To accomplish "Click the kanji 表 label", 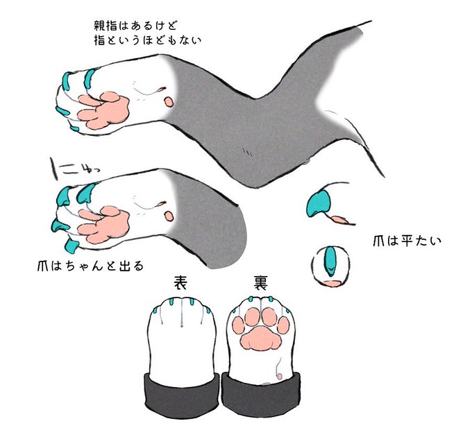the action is click(x=181, y=283).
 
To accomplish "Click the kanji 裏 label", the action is click(x=260, y=283).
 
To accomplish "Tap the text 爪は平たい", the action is click(x=407, y=241).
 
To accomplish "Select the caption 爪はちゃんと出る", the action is click(x=90, y=266).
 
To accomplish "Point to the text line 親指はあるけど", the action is click(x=135, y=26).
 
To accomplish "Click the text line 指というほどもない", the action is click(x=147, y=40).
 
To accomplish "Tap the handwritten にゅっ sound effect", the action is click(x=74, y=168).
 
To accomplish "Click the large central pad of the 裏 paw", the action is click(x=260, y=338).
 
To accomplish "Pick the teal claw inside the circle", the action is click(x=330, y=260).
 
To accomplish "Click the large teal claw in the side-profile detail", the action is click(x=319, y=204).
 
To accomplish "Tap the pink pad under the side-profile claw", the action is click(x=340, y=220).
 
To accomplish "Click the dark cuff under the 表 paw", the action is click(x=182, y=393).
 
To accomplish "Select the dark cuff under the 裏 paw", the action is click(x=261, y=393).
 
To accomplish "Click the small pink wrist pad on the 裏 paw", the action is click(x=280, y=376).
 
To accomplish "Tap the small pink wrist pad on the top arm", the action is click(x=169, y=102).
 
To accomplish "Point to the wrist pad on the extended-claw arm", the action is click(x=169, y=216).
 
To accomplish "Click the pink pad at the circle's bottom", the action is click(x=332, y=283).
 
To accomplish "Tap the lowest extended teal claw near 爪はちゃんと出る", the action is click(x=71, y=244).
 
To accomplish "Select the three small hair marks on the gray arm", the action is click(x=248, y=153).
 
